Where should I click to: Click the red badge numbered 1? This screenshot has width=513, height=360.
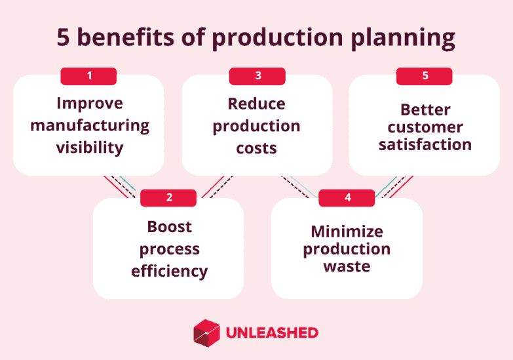tap(88, 76)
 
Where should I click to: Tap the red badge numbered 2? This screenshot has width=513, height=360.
tap(168, 197)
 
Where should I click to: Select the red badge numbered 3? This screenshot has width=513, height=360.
tap(257, 76)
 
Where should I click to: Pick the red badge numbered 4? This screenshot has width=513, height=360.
tap(347, 197)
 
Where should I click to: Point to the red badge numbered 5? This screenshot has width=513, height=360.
tap(425, 76)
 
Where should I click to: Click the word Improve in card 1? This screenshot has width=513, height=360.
tap(89, 104)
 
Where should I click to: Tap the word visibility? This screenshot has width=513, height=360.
tap(89, 148)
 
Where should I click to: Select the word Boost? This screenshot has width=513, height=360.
tap(169, 227)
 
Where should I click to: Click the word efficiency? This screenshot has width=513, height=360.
tap(169, 271)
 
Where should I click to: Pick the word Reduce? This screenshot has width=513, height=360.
tap(256, 104)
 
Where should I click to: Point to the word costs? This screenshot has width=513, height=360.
tap(256, 148)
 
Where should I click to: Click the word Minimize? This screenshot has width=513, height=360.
tap(347, 231)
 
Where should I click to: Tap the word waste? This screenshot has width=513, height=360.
tap(347, 267)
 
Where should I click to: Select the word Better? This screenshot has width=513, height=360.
tap(425, 110)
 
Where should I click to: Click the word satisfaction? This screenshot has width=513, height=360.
tap(425, 144)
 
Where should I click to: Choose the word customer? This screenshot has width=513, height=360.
tap(425, 127)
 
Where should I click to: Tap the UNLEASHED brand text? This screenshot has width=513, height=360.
tap(271, 332)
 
